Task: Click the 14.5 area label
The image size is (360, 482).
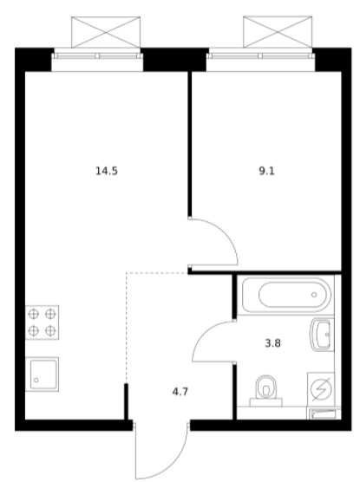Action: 107,171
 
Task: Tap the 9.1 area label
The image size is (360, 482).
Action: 266,171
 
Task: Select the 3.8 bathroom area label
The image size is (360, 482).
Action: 273,343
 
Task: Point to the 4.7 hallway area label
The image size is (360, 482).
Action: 180,392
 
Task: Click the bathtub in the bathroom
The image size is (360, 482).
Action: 286,295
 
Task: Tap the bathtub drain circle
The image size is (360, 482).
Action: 314,295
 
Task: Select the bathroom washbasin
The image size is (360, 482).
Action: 322,335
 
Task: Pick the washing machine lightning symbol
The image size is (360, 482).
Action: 322,390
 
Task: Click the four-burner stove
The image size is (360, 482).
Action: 42,322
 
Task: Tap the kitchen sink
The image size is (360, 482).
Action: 42,375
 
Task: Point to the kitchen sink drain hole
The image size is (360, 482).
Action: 36,381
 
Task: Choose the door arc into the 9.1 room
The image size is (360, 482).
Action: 226,232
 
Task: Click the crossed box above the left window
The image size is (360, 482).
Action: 106,32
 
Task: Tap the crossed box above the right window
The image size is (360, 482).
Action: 278,32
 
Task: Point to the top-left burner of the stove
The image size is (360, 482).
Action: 33,314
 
